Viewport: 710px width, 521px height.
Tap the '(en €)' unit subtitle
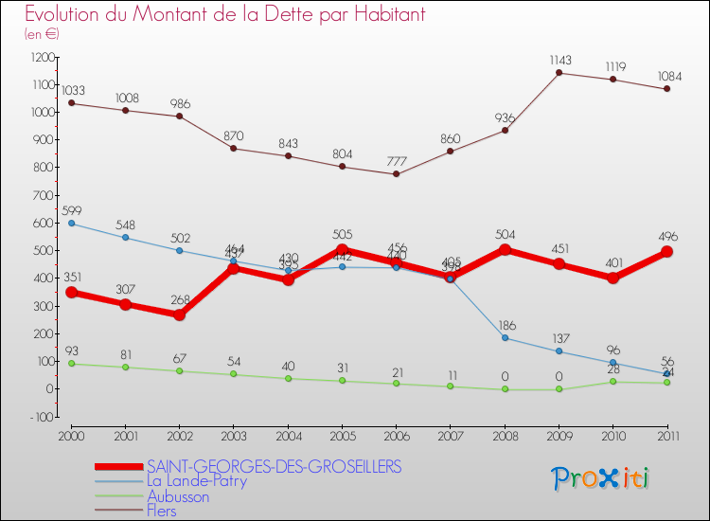click(x=42, y=34)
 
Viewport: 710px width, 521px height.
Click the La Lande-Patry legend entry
click(x=197, y=481)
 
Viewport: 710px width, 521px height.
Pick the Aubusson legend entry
click(x=178, y=496)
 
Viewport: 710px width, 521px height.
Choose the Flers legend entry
click(x=161, y=512)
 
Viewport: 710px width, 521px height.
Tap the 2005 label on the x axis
click(x=343, y=435)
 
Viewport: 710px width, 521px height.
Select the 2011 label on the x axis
click(x=667, y=435)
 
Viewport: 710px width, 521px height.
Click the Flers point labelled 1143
click(x=559, y=73)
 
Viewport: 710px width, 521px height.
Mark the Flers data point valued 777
click(x=397, y=173)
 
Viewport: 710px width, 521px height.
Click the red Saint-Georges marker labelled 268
click(x=179, y=314)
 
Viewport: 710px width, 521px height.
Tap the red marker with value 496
click(x=667, y=252)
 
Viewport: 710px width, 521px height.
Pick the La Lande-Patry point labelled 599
click(x=71, y=224)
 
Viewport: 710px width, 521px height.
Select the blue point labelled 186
click(x=505, y=338)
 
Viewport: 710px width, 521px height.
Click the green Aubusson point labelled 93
click(x=71, y=364)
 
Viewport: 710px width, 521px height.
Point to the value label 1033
click(x=73, y=90)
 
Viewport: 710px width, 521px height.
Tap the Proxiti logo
click(x=600, y=478)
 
